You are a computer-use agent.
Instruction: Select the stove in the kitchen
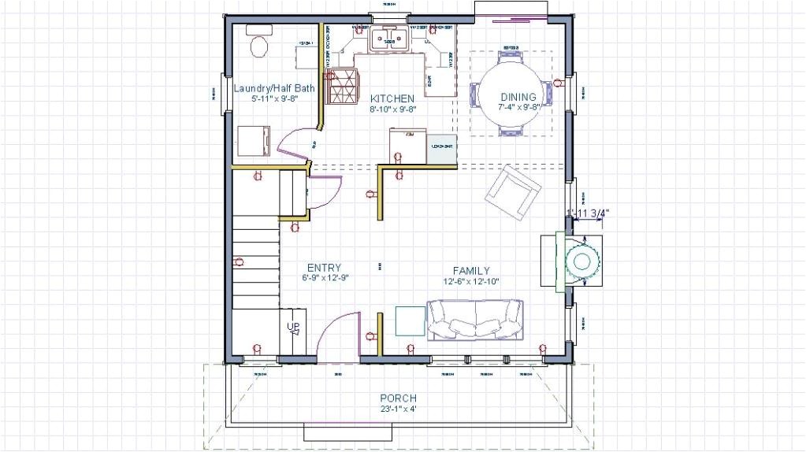[342, 86]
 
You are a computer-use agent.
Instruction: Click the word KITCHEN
[392, 98]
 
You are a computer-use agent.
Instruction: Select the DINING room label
[518, 97]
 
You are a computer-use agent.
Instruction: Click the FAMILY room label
[471, 270]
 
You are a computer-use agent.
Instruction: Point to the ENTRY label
[324, 267]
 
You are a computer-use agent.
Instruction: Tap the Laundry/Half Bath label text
[273, 88]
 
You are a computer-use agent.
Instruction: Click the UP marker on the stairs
[292, 327]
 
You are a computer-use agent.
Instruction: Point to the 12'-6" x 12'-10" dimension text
[471, 281]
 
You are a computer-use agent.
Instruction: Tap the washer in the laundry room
[253, 142]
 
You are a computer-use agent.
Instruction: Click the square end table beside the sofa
[410, 320]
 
